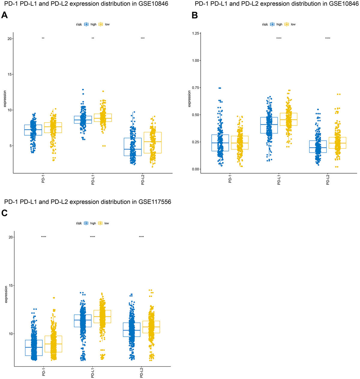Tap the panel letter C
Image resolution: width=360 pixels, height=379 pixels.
pyautogui.click(x=4, y=213)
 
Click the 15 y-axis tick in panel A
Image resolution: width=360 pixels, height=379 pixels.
pyautogui.click(x=10, y=74)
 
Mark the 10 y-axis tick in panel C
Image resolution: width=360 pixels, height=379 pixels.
pyautogui.click(x=10, y=334)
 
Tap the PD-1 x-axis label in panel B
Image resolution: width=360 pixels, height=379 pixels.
pyautogui.click(x=230, y=179)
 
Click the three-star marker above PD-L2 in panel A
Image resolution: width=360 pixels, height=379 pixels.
pyautogui.click(x=142, y=38)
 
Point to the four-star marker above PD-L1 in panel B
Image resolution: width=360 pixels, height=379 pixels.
pyautogui.click(x=279, y=38)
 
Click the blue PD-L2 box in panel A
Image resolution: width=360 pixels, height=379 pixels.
pyautogui.click(x=133, y=147)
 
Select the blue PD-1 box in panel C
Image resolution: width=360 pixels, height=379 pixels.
pyautogui.click(x=34, y=348)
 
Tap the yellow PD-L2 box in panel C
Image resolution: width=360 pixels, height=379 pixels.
pyautogui.click(x=151, y=327)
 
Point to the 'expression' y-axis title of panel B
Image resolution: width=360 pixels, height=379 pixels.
pyautogui.click(x=189, y=99)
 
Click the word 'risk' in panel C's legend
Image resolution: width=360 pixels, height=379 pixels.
pyautogui.click(x=79, y=223)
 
